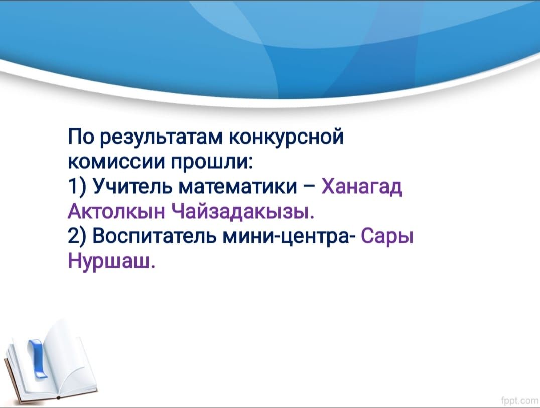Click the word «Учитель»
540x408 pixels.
[134, 187]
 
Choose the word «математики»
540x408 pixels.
[238, 187]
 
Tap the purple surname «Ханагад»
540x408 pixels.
[362, 188]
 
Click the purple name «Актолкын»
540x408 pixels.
[116, 211]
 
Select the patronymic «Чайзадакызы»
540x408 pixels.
[242, 211]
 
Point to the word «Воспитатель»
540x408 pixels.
[155, 237]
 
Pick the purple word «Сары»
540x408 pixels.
[386, 237]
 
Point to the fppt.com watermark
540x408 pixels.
[520, 400]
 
